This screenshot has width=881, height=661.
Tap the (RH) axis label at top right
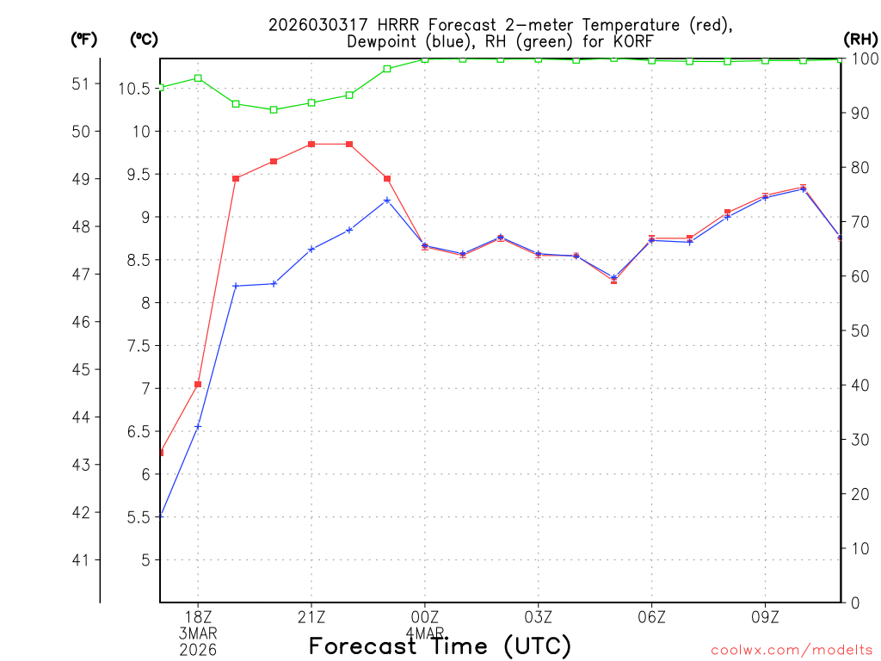pos(859,39)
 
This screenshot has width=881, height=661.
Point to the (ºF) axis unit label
pos(84,39)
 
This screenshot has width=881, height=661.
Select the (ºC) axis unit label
pos(144,39)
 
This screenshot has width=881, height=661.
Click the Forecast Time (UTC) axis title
pos(440,646)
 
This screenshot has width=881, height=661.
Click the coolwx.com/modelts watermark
pos(792,649)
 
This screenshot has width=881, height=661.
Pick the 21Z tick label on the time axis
pos(311,616)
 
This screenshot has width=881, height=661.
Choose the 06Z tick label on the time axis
pos(652,616)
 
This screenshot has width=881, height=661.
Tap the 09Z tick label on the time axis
pos(766,616)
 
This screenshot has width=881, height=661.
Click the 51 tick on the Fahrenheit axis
pos(81,83)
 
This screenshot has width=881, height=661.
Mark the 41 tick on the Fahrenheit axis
pos(81,560)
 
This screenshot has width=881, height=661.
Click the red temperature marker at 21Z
pos(311,144)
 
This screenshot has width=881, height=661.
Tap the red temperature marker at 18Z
pos(198,384)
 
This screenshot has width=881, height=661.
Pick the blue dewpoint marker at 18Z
pos(198,426)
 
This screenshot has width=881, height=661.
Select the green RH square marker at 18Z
pos(198,78)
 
